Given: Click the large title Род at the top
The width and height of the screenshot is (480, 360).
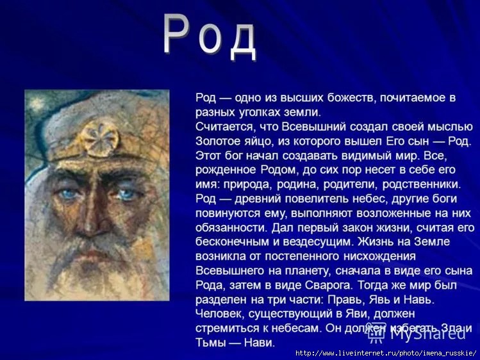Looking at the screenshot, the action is coord(210,37).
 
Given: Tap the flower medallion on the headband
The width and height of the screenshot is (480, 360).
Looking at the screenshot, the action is coord(101,138).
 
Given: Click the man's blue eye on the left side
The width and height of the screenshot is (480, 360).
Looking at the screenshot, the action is coord(69,193).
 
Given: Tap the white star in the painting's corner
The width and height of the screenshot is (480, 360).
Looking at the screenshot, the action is coord(36,102).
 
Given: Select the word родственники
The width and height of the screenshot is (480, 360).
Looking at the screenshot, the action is coord(422,184).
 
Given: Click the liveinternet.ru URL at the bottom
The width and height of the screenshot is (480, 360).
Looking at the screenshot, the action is coord(386,353).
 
